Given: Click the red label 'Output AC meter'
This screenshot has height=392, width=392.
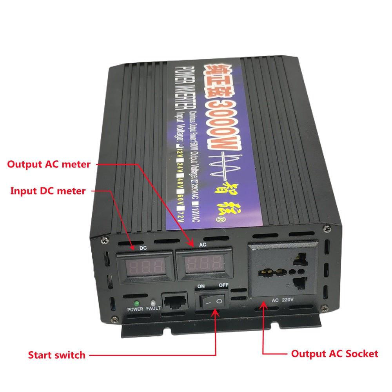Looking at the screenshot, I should coord(49,164).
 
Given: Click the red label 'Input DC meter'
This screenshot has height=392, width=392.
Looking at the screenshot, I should coord(47,191).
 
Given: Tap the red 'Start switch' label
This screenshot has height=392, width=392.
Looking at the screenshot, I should coord(56,355).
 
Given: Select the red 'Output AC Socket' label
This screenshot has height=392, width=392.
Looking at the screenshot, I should coord(334,354).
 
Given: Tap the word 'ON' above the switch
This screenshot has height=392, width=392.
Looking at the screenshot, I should coord(201,287).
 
